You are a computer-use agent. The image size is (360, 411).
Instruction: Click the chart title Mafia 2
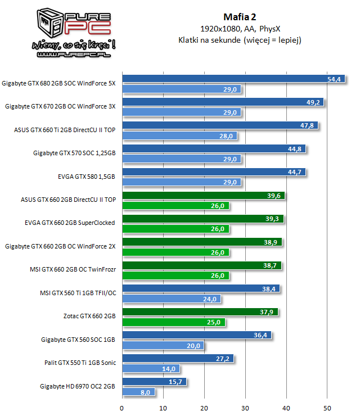(x=240, y=16)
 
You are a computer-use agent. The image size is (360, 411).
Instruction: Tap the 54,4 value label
(x=334, y=79)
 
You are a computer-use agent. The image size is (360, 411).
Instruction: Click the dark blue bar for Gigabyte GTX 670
(x=222, y=102)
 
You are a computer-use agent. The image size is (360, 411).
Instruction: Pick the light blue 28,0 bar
(x=179, y=136)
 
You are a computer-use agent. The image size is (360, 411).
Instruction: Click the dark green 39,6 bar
(x=203, y=196)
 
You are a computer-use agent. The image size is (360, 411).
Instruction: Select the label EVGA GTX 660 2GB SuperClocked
(x=70, y=223)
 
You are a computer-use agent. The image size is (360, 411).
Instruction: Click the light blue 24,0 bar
(x=171, y=299)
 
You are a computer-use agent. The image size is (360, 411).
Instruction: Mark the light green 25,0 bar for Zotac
(x=173, y=322)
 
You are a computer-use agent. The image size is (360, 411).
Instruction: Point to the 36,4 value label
(x=261, y=335)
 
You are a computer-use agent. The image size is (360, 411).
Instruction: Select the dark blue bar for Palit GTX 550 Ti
(x=177, y=358)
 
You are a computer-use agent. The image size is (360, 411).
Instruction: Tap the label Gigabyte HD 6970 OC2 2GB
(x=78, y=386)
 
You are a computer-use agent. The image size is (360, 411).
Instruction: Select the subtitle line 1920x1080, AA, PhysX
(x=240, y=28)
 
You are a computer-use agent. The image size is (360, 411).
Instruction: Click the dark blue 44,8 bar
(x=214, y=149)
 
